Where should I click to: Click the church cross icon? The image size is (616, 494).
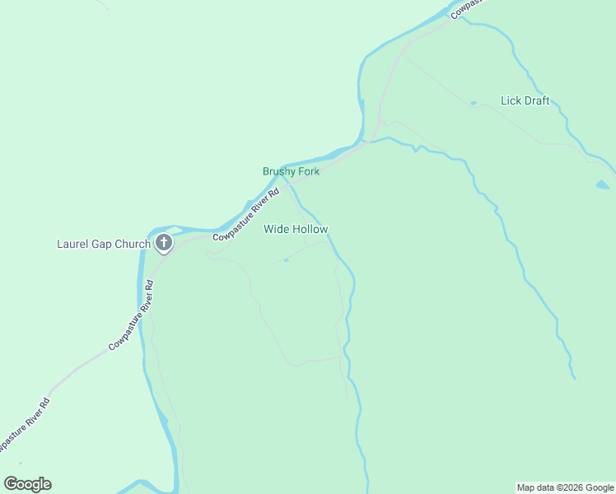point(164,243)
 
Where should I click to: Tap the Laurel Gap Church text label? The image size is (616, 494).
point(104,244)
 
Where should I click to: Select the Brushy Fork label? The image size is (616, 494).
point(291,171)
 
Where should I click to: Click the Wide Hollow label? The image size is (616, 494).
point(296,229)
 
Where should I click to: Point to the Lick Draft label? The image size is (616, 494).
point(525,101)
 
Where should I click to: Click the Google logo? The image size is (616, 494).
point(27,484)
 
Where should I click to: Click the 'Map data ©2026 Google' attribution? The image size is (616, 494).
point(566,487)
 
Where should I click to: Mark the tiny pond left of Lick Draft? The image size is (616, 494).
point(474,103)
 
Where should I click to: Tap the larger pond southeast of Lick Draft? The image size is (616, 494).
point(603,184)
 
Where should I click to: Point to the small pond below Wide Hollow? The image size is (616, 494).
point(286,260)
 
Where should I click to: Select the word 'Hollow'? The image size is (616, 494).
point(309,229)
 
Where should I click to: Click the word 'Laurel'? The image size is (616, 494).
point(73,244)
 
